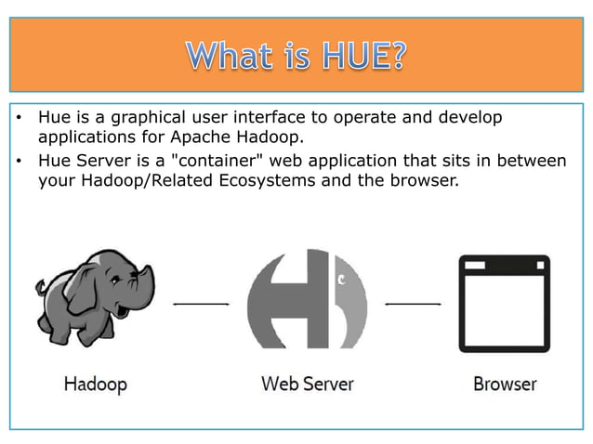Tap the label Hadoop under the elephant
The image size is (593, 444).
coord(95,383)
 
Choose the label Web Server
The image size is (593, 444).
coord(307,383)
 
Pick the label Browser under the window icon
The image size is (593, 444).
coord(505,383)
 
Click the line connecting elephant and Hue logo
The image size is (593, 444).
coord(201,304)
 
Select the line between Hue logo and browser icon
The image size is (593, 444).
coord(413,303)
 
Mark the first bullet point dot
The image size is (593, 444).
coord(19,120)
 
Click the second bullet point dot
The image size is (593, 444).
coord(19,162)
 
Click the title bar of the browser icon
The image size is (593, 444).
coord(505,266)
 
